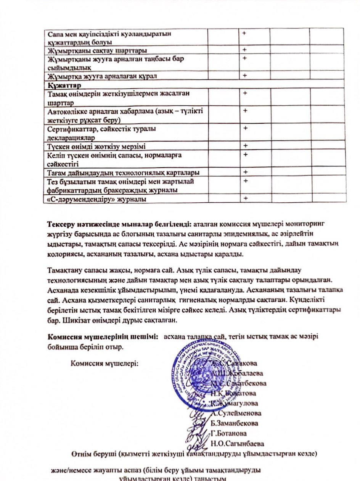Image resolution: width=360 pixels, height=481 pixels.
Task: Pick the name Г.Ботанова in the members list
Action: (229, 433)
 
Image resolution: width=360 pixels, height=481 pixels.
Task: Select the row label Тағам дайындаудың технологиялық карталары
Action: (123, 173)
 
